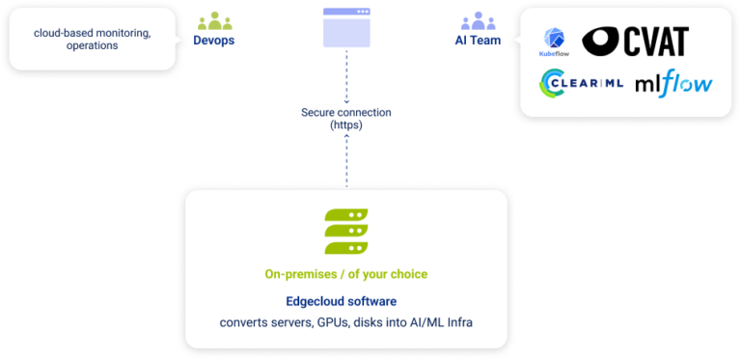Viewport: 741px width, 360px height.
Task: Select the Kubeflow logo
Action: (555, 44)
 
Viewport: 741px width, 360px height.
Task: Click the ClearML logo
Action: (582, 84)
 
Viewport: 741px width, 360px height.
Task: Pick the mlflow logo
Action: (673, 84)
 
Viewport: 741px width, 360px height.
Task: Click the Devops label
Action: (214, 42)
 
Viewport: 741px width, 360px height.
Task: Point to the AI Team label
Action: (477, 42)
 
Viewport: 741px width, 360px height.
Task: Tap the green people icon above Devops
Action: (214, 21)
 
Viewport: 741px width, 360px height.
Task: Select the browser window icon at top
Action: (345, 27)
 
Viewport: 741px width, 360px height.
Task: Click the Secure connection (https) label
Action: (345, 119)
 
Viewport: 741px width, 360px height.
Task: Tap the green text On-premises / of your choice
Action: (345, 274)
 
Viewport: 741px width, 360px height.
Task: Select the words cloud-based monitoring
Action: (92, 33)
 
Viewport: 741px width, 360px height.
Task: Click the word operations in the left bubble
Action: (92, 45)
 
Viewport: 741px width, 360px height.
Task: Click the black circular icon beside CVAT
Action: (602, 40)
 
